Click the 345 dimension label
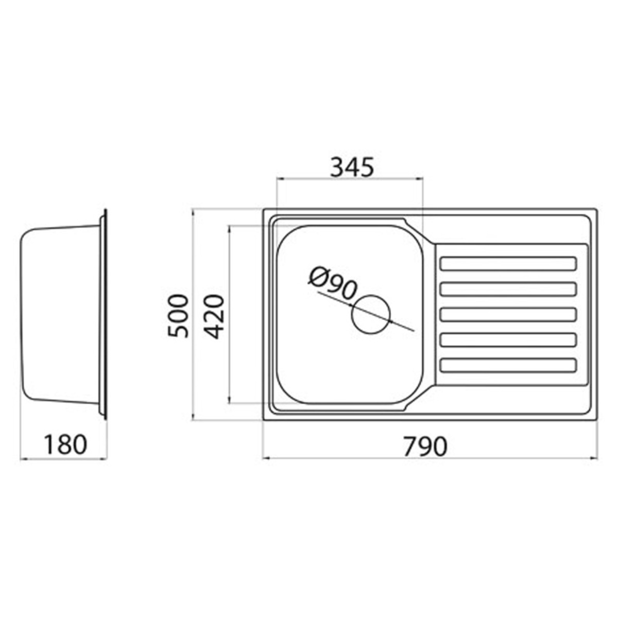pos(352,167)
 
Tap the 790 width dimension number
pos(425,447)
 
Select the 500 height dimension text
pos(178,316)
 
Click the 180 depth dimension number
pos(65,445)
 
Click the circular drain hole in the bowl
pos(371,314)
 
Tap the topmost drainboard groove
pos(509,263)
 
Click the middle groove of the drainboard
pos(509,314)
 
